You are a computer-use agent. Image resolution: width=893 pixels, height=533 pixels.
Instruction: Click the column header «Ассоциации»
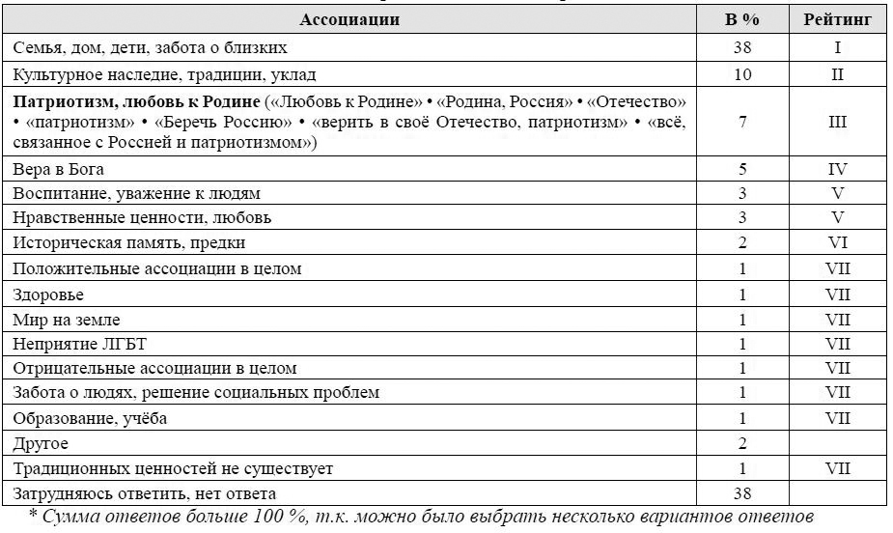pyautogui.click(x=349, y=19)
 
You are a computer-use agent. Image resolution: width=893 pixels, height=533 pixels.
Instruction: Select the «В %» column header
pyautogui.click(x=742, y=19)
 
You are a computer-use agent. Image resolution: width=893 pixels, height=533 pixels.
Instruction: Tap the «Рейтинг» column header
pyautogui.click(x=836, y=19)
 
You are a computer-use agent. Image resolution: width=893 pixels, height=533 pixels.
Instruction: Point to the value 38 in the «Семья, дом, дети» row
pyautogui.click(x=741, y=46)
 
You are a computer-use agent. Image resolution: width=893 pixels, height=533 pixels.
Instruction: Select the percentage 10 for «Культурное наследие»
pyautogui.click(x=741, y=73)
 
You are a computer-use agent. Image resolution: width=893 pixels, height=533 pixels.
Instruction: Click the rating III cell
pyautogui.click(x=837, y=122)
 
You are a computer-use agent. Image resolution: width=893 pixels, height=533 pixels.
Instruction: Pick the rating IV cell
pyautogui.click(x=837, y=170)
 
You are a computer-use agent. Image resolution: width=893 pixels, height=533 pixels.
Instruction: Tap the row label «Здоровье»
pyautogui.click(x=47, y=294)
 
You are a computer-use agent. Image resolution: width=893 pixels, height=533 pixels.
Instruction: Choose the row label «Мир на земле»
pyautogui.click(x=67, y=319)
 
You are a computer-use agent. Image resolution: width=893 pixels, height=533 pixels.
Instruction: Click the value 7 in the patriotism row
pyautogui.click(x=742, y=122)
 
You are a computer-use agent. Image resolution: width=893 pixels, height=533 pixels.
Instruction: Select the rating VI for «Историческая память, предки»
pyautogui.click(x=837, y=243)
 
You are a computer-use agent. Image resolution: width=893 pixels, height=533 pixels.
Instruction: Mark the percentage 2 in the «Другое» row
pyautogui.click(x=742, y=444)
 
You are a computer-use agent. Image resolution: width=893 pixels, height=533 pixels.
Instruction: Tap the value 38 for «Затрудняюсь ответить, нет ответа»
pyautogui.click(x=741, y=494)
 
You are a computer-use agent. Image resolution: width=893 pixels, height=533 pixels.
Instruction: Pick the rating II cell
pyautogui.click(x=837, y=73)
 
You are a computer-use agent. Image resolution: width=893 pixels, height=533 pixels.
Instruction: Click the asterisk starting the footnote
pyautogui.click(x=34, y=515)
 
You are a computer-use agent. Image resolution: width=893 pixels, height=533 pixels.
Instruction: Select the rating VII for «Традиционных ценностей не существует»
pyautogui.click(x=837, y=469)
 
